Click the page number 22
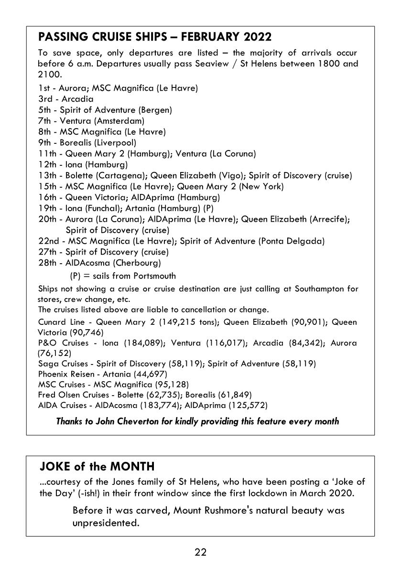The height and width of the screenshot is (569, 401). tap(200, 553)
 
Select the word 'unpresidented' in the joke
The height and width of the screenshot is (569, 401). tap(104, 523)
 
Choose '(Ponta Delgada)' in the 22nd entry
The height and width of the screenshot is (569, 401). tap(291, 241)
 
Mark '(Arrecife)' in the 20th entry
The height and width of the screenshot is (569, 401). tap(330, 219)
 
